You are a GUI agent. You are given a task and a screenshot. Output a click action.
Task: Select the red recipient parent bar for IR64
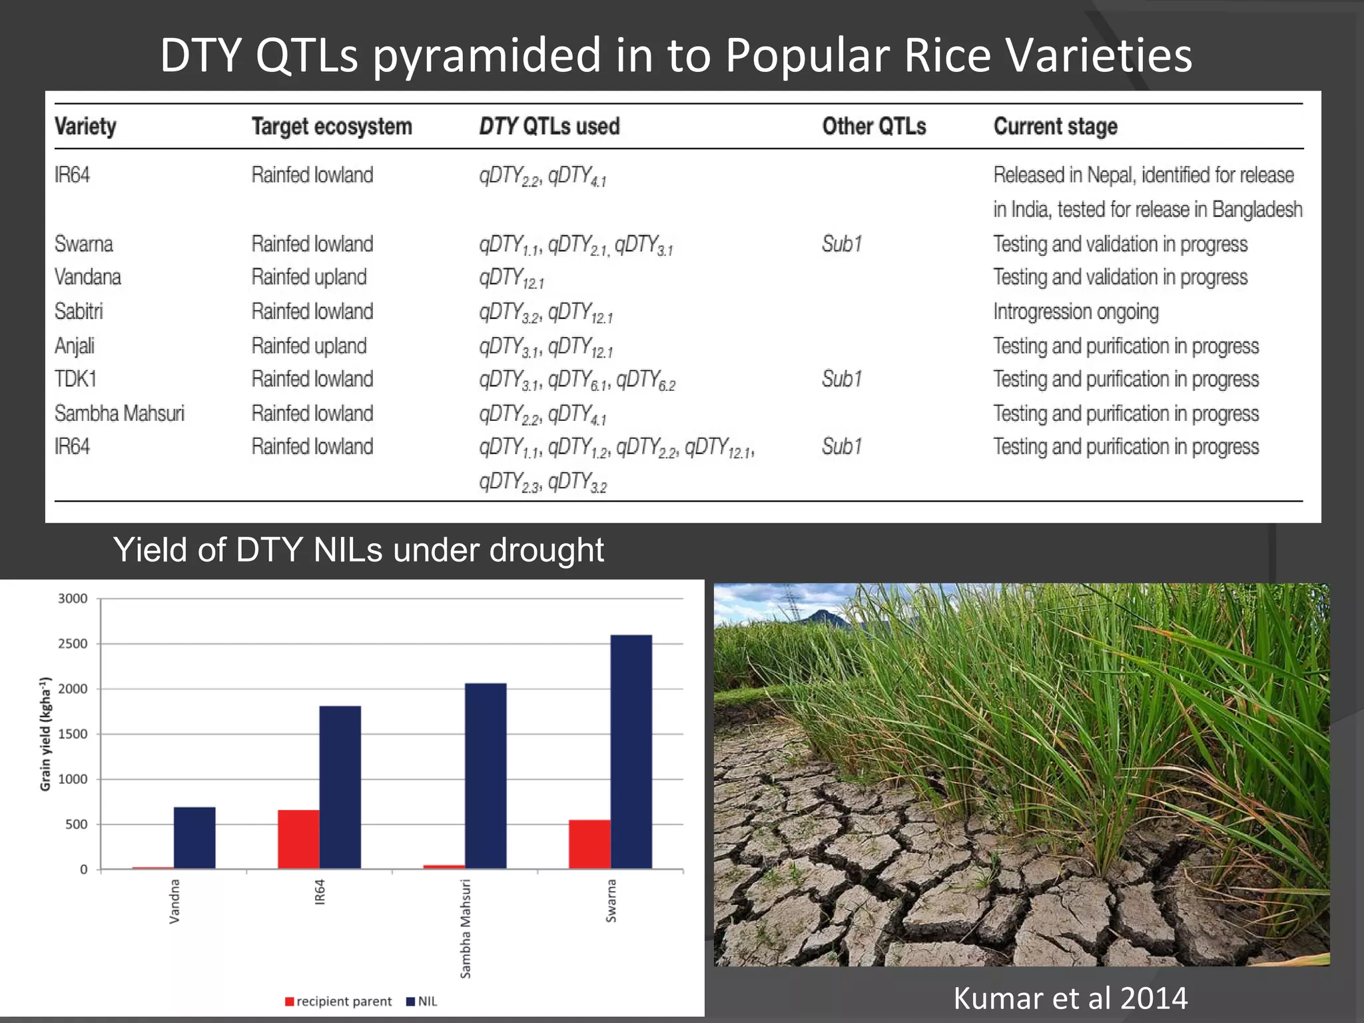[x=298, y=839]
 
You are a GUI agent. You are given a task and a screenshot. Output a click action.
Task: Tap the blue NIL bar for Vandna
[x=194, y=837]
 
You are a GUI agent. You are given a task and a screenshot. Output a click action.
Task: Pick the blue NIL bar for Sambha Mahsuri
[x=486, y=775]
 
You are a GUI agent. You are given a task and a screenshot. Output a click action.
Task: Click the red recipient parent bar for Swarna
[x=589, y=844]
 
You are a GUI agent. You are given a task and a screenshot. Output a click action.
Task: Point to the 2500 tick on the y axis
[x=73, y=644]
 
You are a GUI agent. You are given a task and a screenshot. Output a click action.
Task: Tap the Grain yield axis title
[x=45, y=734]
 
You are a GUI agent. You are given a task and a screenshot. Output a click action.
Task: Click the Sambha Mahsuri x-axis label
[x=466, y=928]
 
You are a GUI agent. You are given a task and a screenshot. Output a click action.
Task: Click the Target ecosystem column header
[x=332, y=127]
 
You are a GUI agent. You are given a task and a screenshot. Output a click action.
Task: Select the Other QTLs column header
[x=874, y=127]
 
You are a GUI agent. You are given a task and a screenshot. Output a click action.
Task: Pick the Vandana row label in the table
[x=88, y=277]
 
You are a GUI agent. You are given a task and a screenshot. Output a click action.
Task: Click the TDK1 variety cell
[x=76, y=379]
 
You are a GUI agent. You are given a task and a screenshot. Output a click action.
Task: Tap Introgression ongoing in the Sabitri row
[x=1076, y=312]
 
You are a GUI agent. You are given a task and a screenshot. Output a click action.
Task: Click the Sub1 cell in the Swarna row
[x=842, y=244]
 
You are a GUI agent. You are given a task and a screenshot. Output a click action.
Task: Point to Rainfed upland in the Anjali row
[x=309, y=346]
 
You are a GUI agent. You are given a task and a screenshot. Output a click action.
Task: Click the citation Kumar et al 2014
[x=1070, y=998]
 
